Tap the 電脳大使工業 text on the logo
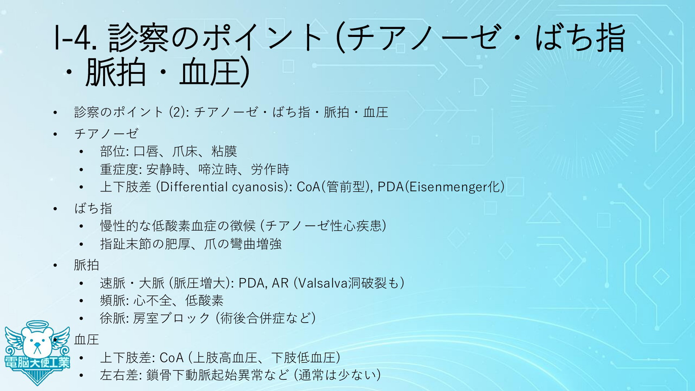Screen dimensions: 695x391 (x=37, y=362)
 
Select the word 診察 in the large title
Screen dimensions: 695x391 (x=139, y=38)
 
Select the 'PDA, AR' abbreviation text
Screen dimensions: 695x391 (x=264, y=283)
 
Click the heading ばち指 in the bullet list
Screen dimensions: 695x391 (x=93, y=208)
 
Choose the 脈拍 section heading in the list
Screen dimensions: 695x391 (x=87, y=265)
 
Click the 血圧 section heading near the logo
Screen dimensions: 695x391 (x=87, y=340)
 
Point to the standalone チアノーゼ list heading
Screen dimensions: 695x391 (x=106, y=134)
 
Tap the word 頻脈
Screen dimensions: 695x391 (x=113, y=300)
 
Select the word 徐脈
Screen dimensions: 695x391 (x=113, y=318)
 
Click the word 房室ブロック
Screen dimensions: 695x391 (x=172, y=318)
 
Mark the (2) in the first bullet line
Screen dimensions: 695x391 (x=177, y=112)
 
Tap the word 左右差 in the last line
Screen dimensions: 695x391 (x=119, y=375)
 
